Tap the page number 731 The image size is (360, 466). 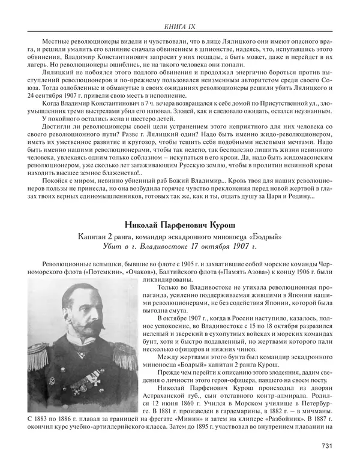[x=327, y=444]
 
